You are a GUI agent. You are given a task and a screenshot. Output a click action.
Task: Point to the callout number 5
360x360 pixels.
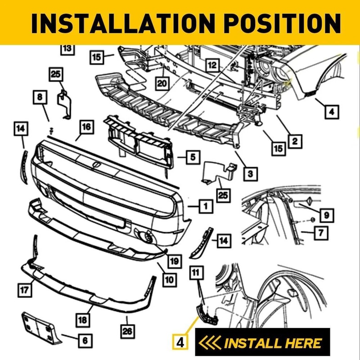tap(192, 157)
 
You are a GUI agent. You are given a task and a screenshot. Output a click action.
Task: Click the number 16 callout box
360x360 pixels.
tap(86, 127)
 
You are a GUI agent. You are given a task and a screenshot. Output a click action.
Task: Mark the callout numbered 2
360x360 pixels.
tap(294, 143)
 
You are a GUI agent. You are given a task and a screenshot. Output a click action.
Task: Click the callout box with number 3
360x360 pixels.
tap(250, 172)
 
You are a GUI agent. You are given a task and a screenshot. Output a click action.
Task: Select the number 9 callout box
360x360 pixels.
tap(324, 215)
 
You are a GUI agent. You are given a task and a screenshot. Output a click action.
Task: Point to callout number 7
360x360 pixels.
tap(320, 233)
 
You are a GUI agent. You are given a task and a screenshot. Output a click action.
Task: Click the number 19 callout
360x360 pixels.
tap(174, 260)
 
